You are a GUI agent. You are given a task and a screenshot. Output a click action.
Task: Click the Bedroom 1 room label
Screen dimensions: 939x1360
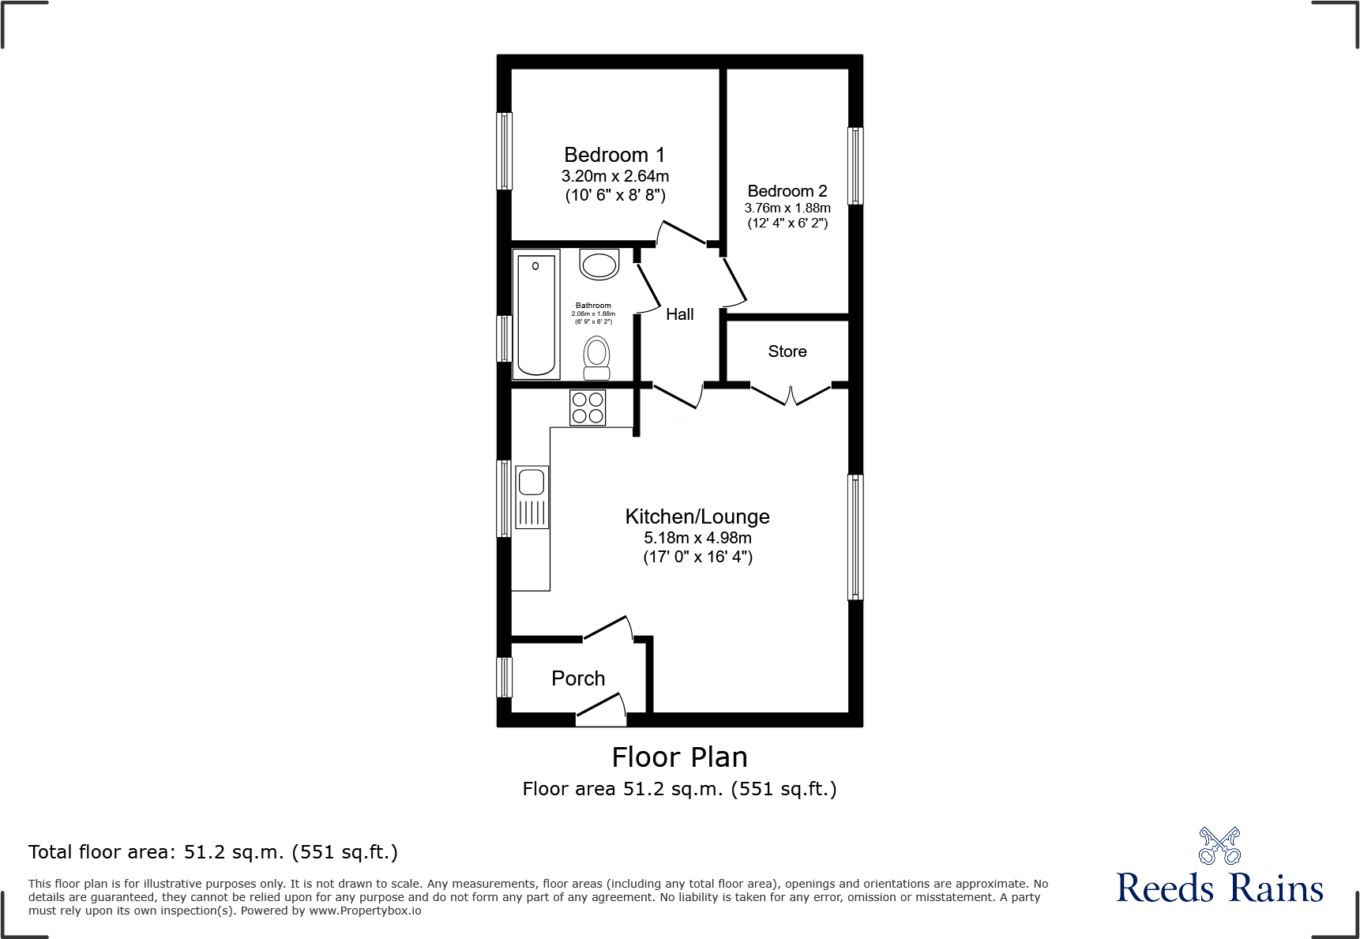pyautogui.click(x=614, y=155)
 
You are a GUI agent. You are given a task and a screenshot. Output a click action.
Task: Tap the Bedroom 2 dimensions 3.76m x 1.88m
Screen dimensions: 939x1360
pyautogui.click(x=787, y=208)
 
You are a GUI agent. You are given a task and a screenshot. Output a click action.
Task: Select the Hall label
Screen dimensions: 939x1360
pyautogui.click(x=679, y=314)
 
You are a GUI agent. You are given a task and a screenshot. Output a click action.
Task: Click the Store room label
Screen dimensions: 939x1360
pyautogui.click(x=787, y=351)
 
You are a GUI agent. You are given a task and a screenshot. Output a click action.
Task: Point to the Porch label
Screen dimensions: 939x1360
pyautogui.click(x=578, y=678)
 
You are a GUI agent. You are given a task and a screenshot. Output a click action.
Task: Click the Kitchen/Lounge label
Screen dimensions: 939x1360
pyautogui.click(x=697, y=516)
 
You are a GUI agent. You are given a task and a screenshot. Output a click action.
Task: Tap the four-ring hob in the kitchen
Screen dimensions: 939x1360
pyautogui.click(x=588, y=408)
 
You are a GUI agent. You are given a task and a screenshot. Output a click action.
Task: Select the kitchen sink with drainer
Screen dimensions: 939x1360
pyautogui.click(x=532, y=497)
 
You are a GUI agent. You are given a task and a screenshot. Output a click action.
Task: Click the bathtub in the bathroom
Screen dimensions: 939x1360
pyautogui.click(x=536, y=314)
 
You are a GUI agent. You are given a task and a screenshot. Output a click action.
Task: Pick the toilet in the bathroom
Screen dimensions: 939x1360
pyautogui.click(x=597, y=358)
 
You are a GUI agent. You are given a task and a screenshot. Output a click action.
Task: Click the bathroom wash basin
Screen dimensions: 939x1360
pyautogui.click(x=599, y=265)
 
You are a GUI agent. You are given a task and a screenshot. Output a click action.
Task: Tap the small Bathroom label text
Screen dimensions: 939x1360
pyautogui.click(x=593, y=306)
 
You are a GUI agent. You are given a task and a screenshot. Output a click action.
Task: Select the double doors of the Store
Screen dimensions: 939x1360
pyautogui.click(x=791, y=394)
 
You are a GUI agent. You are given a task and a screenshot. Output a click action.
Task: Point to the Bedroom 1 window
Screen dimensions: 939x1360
pyautogui.click(x=504, y=151)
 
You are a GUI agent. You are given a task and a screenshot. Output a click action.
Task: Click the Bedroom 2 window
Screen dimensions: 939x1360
pyautogui.click(x=855, y=166)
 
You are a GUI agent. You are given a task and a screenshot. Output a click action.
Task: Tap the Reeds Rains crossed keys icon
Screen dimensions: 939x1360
pyautogui.click(x=1219, y=846)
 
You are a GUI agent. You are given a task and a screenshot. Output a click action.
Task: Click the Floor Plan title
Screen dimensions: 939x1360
pyautogui.click(x=679, y=757)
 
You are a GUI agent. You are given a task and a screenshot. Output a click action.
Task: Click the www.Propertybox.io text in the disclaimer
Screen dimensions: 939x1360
pyautogui.click(x=365, y=911)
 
